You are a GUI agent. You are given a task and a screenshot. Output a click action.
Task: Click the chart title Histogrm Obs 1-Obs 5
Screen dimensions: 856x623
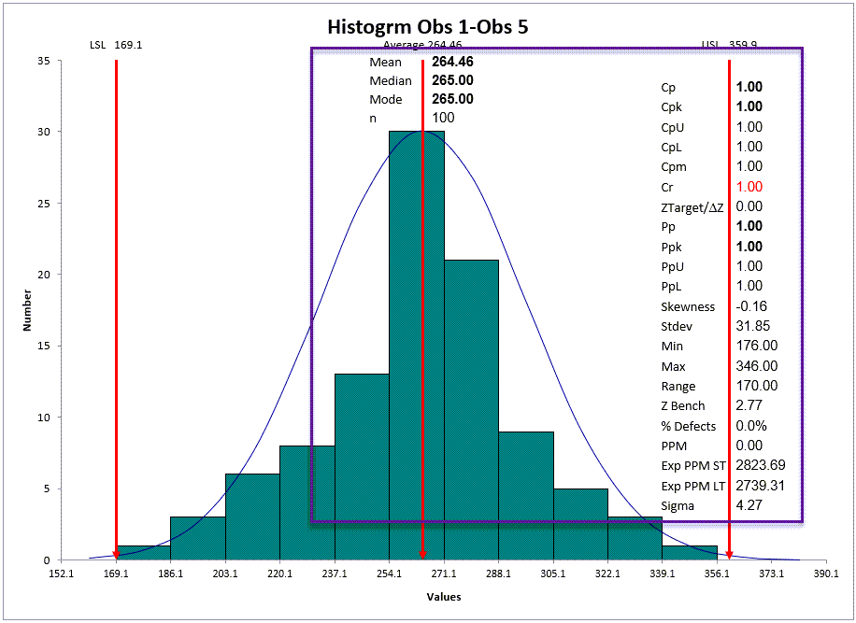[427, 27]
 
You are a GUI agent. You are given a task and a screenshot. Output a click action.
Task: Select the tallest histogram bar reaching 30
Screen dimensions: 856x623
[417, 346]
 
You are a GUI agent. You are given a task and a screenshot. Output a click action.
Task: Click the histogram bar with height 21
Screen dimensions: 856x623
[471, 410]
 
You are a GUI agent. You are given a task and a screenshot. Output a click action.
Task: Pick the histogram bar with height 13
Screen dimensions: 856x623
[362, 467]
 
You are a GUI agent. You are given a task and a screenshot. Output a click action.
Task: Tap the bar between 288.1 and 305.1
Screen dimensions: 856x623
[526, 496]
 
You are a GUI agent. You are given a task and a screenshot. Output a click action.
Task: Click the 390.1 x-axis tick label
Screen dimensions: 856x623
[826, 573]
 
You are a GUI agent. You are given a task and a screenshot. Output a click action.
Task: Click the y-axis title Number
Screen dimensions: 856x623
[27, 310]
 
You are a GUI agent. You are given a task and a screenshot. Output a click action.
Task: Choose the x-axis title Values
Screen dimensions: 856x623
[444, 597]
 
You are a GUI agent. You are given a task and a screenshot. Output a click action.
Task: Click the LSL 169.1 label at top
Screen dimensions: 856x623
[116, 45]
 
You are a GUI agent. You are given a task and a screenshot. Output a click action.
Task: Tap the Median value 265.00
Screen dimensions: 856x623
[452, 80]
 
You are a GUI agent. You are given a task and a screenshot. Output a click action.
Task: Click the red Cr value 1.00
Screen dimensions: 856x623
[749, 187]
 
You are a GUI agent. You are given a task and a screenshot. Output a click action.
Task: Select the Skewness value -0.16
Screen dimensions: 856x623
[751, 306]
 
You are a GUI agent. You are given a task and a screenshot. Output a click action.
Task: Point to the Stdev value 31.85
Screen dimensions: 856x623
[753, 326]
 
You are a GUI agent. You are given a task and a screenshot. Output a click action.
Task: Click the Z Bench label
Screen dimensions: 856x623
[682, 406]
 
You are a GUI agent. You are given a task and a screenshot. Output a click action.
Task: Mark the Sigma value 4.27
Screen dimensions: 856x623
[749, 505]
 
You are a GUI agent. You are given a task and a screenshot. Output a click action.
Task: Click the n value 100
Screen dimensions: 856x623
[443, 118]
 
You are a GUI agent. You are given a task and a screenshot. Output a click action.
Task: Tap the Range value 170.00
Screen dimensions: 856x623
[757, 386]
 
